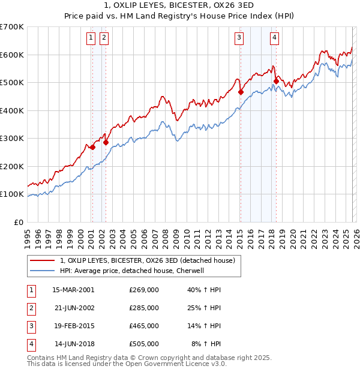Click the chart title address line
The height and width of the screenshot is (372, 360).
(180, 6)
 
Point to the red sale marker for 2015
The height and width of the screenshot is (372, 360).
(241, 92)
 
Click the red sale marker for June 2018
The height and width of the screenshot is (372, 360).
(276, 81)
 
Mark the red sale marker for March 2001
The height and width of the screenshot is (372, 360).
(92, 147)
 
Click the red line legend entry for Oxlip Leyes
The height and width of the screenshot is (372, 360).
(150, 260)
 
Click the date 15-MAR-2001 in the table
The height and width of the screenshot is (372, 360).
(73, 289)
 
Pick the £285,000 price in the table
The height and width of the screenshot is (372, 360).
(143, 308)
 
